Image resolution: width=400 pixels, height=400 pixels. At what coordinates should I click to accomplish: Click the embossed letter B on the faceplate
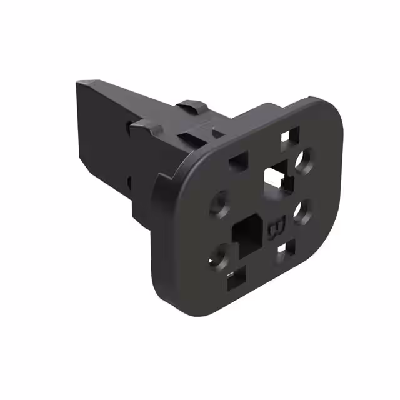(276, 227)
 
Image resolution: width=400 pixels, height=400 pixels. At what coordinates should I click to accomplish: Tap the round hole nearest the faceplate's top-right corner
(305, 160)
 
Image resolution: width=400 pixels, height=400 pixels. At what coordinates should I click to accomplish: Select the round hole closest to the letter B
(302, 211)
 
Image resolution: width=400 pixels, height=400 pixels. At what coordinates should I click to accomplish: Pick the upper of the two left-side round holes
(220, 204)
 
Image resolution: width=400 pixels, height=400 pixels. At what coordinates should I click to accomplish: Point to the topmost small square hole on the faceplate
(290, 134)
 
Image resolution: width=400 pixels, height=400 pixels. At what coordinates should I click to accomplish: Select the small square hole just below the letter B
(284, 250)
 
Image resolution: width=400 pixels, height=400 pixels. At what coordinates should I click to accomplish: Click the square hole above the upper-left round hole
(238, 162)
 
